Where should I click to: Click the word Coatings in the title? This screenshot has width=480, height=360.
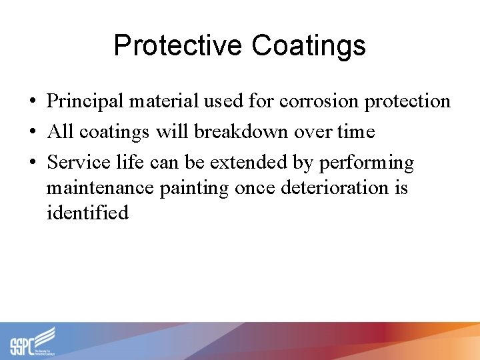pos(309,46)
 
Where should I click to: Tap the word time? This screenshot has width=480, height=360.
pos(355,132)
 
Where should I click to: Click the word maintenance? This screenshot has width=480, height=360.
pos(101,188)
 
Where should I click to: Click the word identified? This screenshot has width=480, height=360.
pos(87,213)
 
